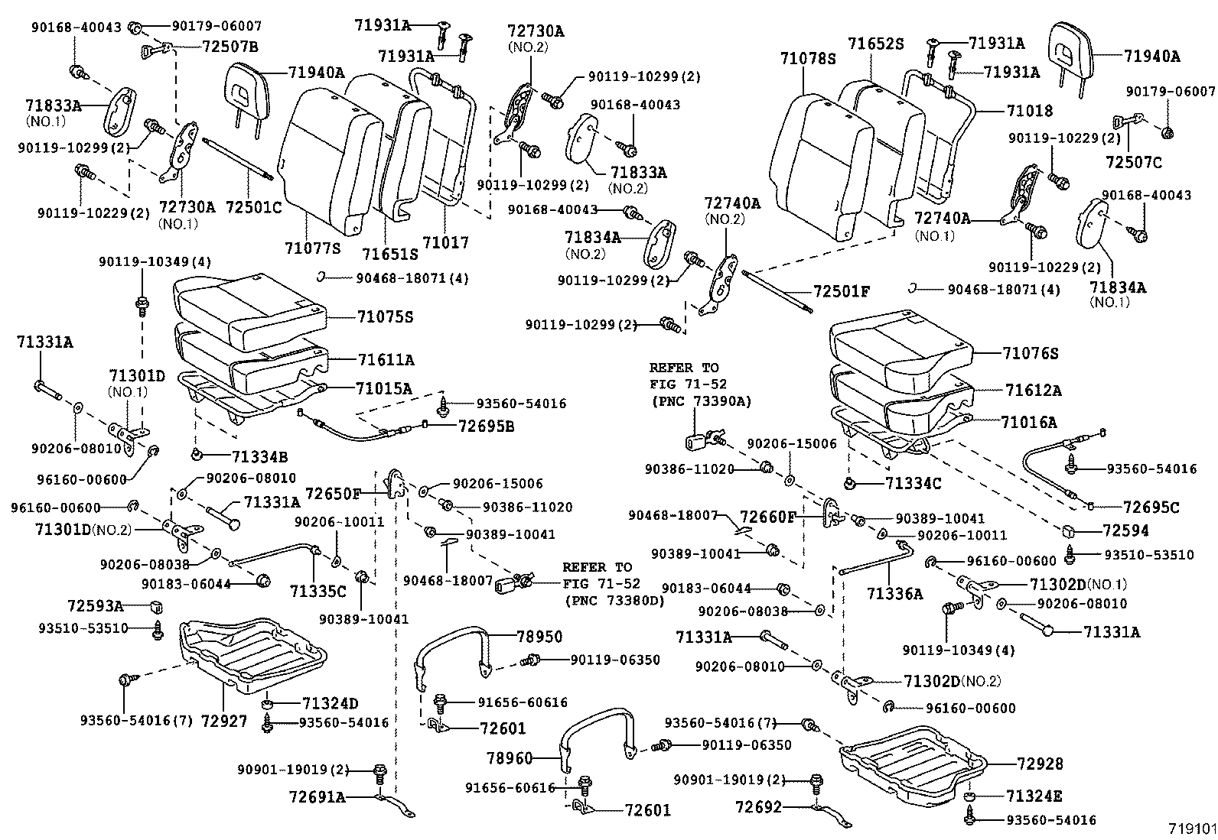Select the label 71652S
click(x=876, y=44)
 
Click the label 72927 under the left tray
click(x=224, y=720)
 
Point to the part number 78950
click(x=539, y=636)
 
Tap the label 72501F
click(x=842, y=291)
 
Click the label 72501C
click(x=254, y=206)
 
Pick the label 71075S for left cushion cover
click(x=385, y=316)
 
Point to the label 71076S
click(x=1031, y=353)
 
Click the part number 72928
click(x=1040, y=764)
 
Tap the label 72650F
click(x=333, y=494)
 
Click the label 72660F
click(x=768, y=517)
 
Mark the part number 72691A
click(x=318, y=797)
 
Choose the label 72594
click(x=1125, y=530)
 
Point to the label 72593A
click(x=95, y=605)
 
